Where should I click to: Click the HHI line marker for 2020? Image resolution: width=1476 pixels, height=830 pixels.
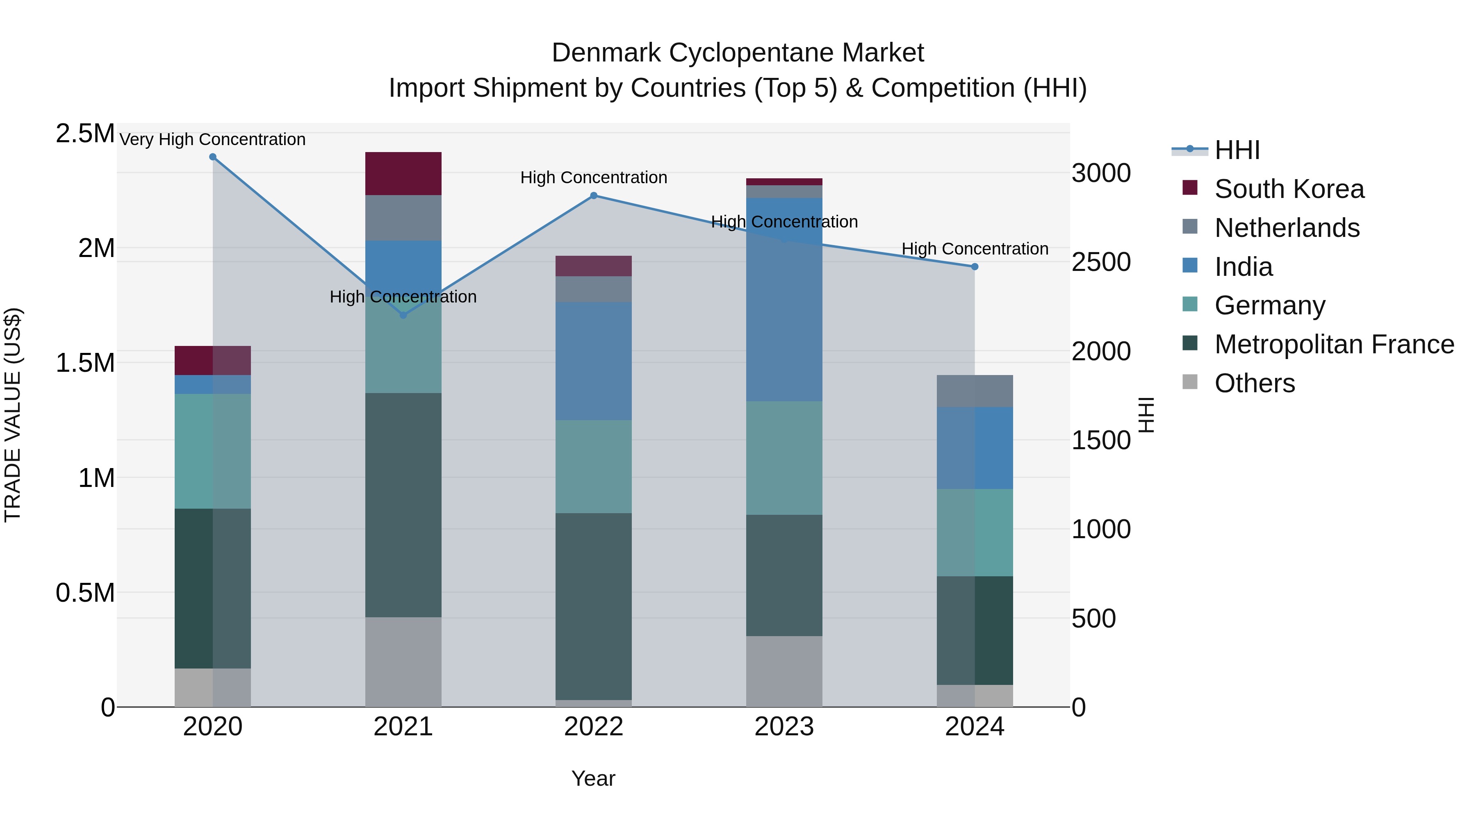tap(212, 157)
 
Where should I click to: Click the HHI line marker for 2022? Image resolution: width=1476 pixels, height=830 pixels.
tap(594, 196)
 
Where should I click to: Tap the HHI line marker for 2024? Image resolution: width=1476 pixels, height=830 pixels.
tap(975, 267)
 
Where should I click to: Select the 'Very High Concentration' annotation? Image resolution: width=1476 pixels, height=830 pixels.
tap(212, 140)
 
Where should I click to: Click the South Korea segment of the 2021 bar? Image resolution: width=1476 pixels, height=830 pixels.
tap(403, 173)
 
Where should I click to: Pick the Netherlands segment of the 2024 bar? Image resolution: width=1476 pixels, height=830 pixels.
tap(975, 391)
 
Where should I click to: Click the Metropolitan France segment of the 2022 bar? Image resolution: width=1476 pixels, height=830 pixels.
tap(594, 606)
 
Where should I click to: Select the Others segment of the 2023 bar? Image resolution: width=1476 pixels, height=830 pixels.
tap(784, 671)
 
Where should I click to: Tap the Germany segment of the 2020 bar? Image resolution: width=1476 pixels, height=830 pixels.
tap(212, 451)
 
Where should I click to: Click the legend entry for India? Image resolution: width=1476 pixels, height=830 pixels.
tap(1244, 267)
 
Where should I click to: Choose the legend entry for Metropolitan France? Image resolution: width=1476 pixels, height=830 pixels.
tap(1334, 344)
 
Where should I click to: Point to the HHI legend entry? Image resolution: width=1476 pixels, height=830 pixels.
tap(1237, 150)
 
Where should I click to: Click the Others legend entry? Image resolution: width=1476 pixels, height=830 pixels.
tap(1254, 383)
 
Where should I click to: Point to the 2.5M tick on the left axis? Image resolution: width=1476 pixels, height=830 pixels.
tap(85, 134)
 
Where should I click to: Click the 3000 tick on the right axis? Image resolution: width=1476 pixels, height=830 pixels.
tap(1101, 173)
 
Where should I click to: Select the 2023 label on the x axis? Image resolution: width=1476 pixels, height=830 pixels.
tap(784, 727)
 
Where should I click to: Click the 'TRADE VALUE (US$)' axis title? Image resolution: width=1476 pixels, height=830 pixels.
tap(13, 415)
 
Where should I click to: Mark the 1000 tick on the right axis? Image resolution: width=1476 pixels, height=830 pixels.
tap(1101, 529)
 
